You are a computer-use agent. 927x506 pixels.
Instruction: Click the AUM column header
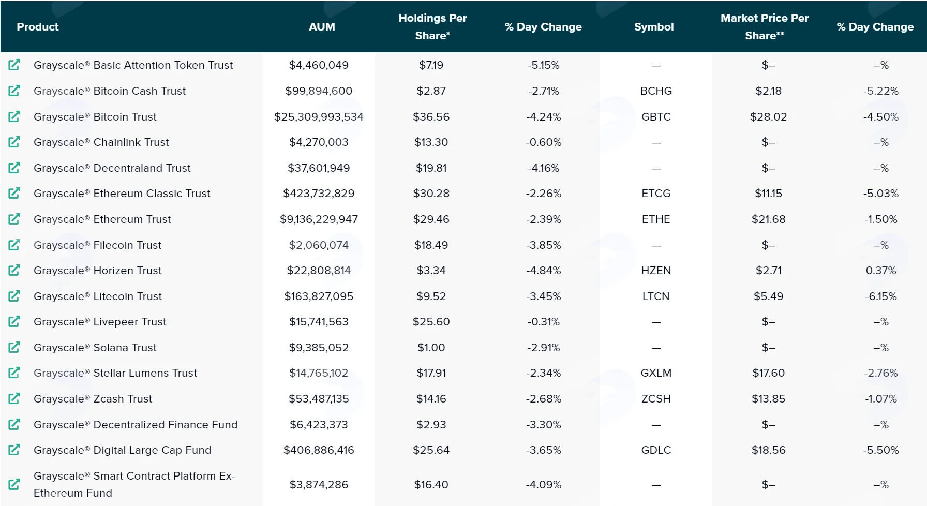322,27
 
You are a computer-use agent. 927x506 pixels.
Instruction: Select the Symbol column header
654,27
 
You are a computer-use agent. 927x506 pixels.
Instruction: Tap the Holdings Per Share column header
432,26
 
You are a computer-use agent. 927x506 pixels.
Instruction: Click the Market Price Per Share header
765,26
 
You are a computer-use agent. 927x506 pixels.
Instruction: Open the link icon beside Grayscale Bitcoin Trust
14,116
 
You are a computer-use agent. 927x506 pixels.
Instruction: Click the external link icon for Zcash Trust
14,398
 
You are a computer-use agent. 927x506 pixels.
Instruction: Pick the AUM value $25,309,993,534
319,117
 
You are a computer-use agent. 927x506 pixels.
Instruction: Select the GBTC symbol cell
656,117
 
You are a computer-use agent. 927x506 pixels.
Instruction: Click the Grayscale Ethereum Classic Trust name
122,194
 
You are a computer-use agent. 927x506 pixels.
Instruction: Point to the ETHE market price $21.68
768,219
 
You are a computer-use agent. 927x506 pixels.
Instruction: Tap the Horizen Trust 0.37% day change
881,271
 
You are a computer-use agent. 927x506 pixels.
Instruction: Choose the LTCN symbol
656,296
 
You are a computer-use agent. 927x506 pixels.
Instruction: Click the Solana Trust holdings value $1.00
431,348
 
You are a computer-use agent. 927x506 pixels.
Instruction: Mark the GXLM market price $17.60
768,373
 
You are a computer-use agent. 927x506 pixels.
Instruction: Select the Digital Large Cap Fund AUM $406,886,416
319,450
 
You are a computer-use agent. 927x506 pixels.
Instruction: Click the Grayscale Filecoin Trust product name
97,245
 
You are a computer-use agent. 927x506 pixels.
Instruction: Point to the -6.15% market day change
881,296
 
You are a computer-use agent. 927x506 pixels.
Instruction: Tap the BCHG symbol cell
656,91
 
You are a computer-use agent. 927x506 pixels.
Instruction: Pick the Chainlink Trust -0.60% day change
543,142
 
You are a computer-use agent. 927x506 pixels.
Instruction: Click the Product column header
38,27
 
